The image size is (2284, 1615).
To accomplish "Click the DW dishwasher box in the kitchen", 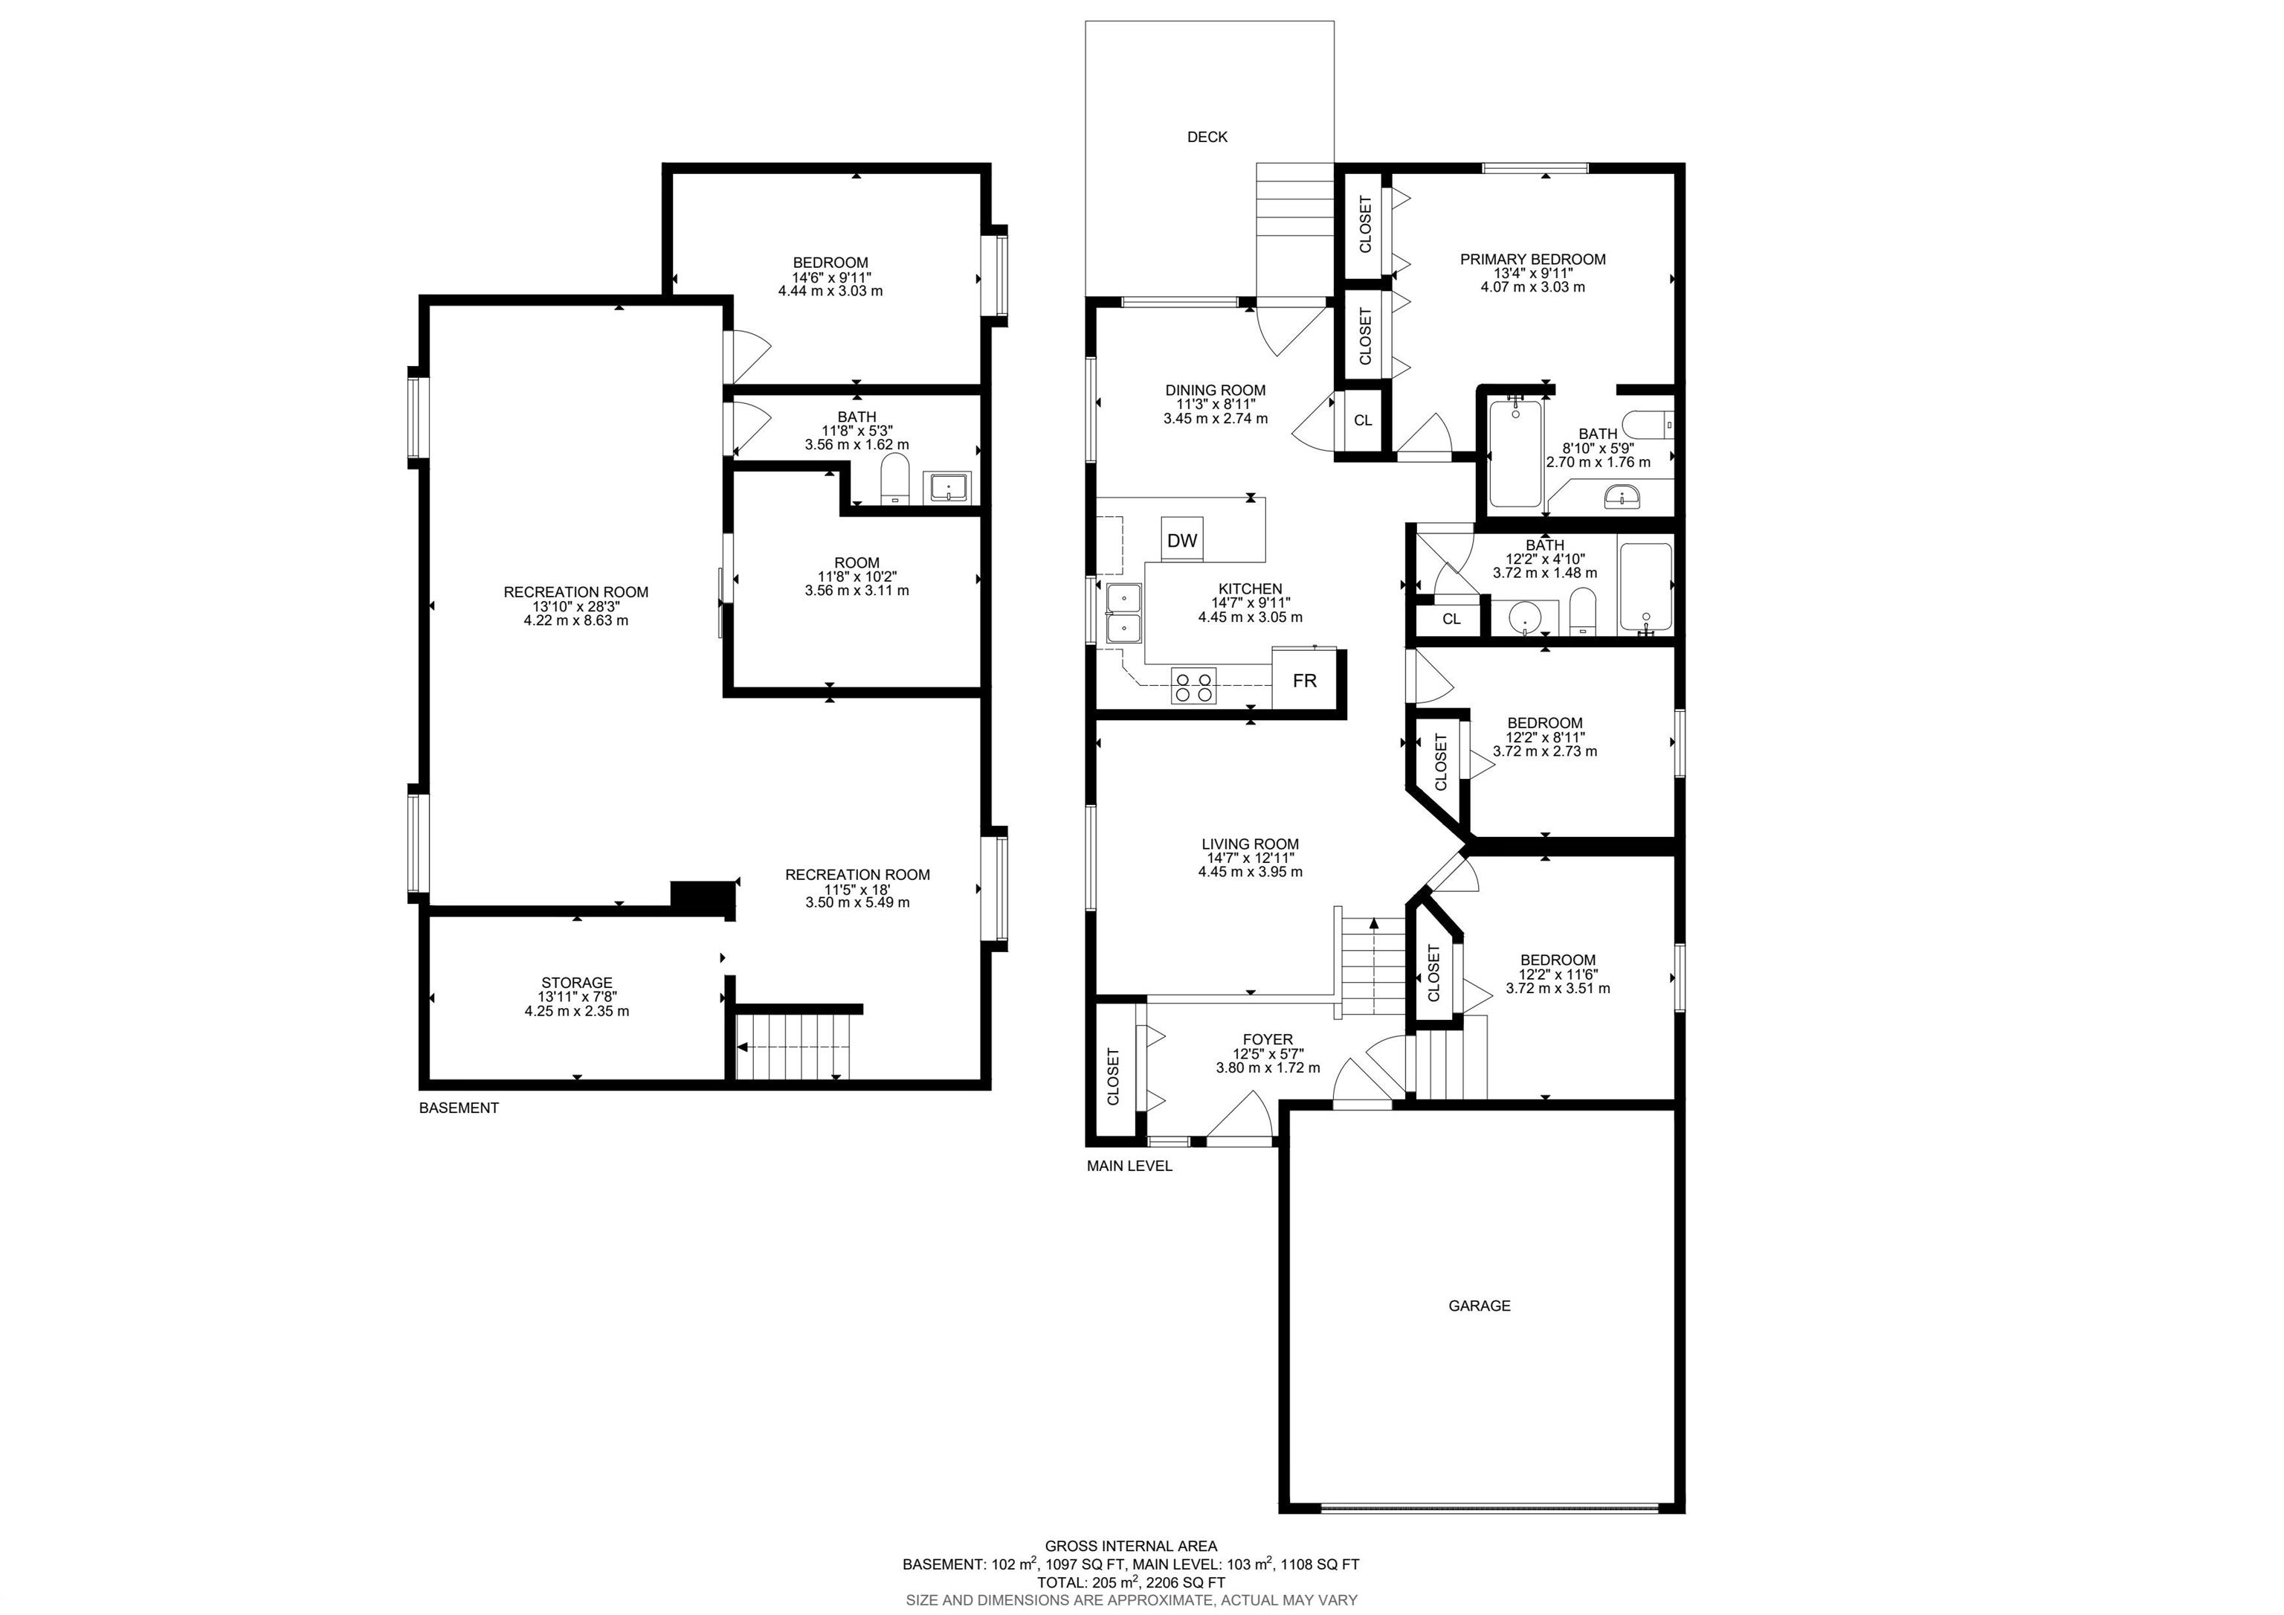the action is pyautogui.click(x=1182, y=539).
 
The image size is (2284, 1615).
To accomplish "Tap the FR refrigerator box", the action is pyautogui.click(x=1304, y=680).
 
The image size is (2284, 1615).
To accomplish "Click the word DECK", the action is pyautogui.click(x=1207, y=136).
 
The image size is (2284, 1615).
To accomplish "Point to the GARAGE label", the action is pyautogui.click(x=1480, y=1306).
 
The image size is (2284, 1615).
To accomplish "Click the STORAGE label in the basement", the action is pyautogui.click(x=577, y=982).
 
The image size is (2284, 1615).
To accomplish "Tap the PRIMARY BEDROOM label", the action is pyautogui.click(x=1533, y=259).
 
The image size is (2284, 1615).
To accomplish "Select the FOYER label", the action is pyautogui.click(x=1268, y=1039).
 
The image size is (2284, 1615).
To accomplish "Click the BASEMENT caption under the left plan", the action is pyautogui.click(x=459, y=1108).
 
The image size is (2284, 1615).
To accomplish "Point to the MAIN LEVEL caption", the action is pyautogui.click(x=1129, y=1165).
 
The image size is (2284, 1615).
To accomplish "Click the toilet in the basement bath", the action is pyautogui.click(x=895, y=480).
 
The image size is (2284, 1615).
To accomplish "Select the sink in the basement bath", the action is pyautogui.click(x=950, y=487).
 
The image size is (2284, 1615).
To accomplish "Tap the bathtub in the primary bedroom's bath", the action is pyautogui.click(x=1514, y=453).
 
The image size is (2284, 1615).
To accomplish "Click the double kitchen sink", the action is pyautogui.click(x=1125, y=614).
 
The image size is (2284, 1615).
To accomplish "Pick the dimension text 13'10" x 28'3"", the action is pyautogui.click(x=576, y=606).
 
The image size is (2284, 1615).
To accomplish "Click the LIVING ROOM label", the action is pyautogui.click(x=1251, y=844).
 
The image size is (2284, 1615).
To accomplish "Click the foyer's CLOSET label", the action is pyautogui.click(x=1113, y=1076).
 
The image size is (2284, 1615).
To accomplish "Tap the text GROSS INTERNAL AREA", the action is pyautogui.click(x=1131, y=1545).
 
